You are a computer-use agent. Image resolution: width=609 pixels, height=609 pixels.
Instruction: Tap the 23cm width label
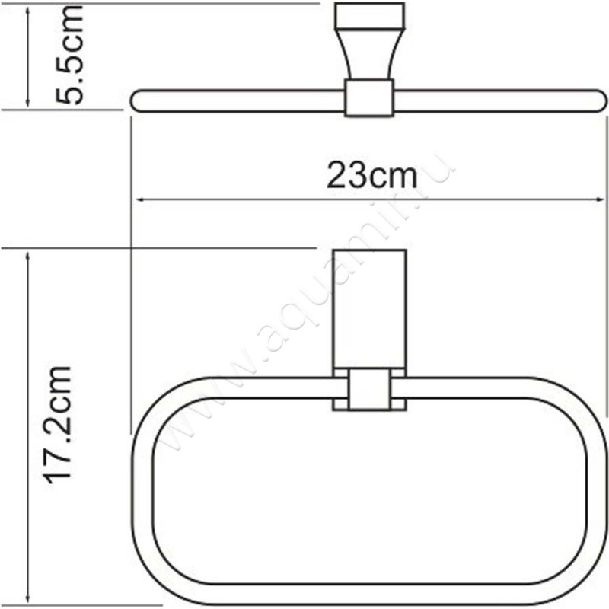[x=372, y=176]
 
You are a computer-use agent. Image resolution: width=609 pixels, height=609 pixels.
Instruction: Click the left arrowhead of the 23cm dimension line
[x=140, y=200]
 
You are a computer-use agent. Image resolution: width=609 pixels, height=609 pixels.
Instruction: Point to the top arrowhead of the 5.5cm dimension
[x=28, y=9]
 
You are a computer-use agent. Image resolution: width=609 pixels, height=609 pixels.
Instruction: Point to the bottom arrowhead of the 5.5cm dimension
[x=28, y=103]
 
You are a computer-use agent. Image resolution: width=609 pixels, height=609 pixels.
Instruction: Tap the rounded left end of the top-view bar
[x=137, y=100]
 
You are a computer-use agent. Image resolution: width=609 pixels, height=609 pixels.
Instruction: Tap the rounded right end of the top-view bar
[x=601, y=100]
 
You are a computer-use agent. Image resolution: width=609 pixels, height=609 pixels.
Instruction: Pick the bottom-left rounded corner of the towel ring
[x=156, y=571]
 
